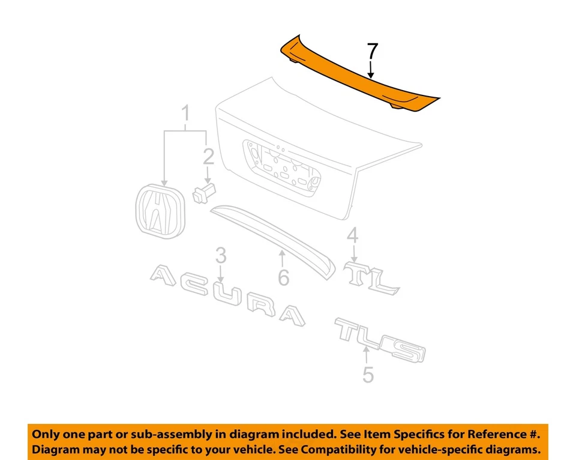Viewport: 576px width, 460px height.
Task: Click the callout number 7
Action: pos(373,52)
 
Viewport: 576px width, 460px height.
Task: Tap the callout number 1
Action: pos(185,113)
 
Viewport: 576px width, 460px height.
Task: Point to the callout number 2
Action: pos(208,157)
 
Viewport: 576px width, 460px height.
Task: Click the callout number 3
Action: pos(221,256)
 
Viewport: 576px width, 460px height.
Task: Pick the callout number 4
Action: pos(353,235)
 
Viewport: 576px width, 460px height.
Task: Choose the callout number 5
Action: pos(368,375)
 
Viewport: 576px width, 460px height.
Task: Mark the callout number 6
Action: pos(283,277)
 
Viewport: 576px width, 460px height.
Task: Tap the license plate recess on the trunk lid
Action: pos(282,165)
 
